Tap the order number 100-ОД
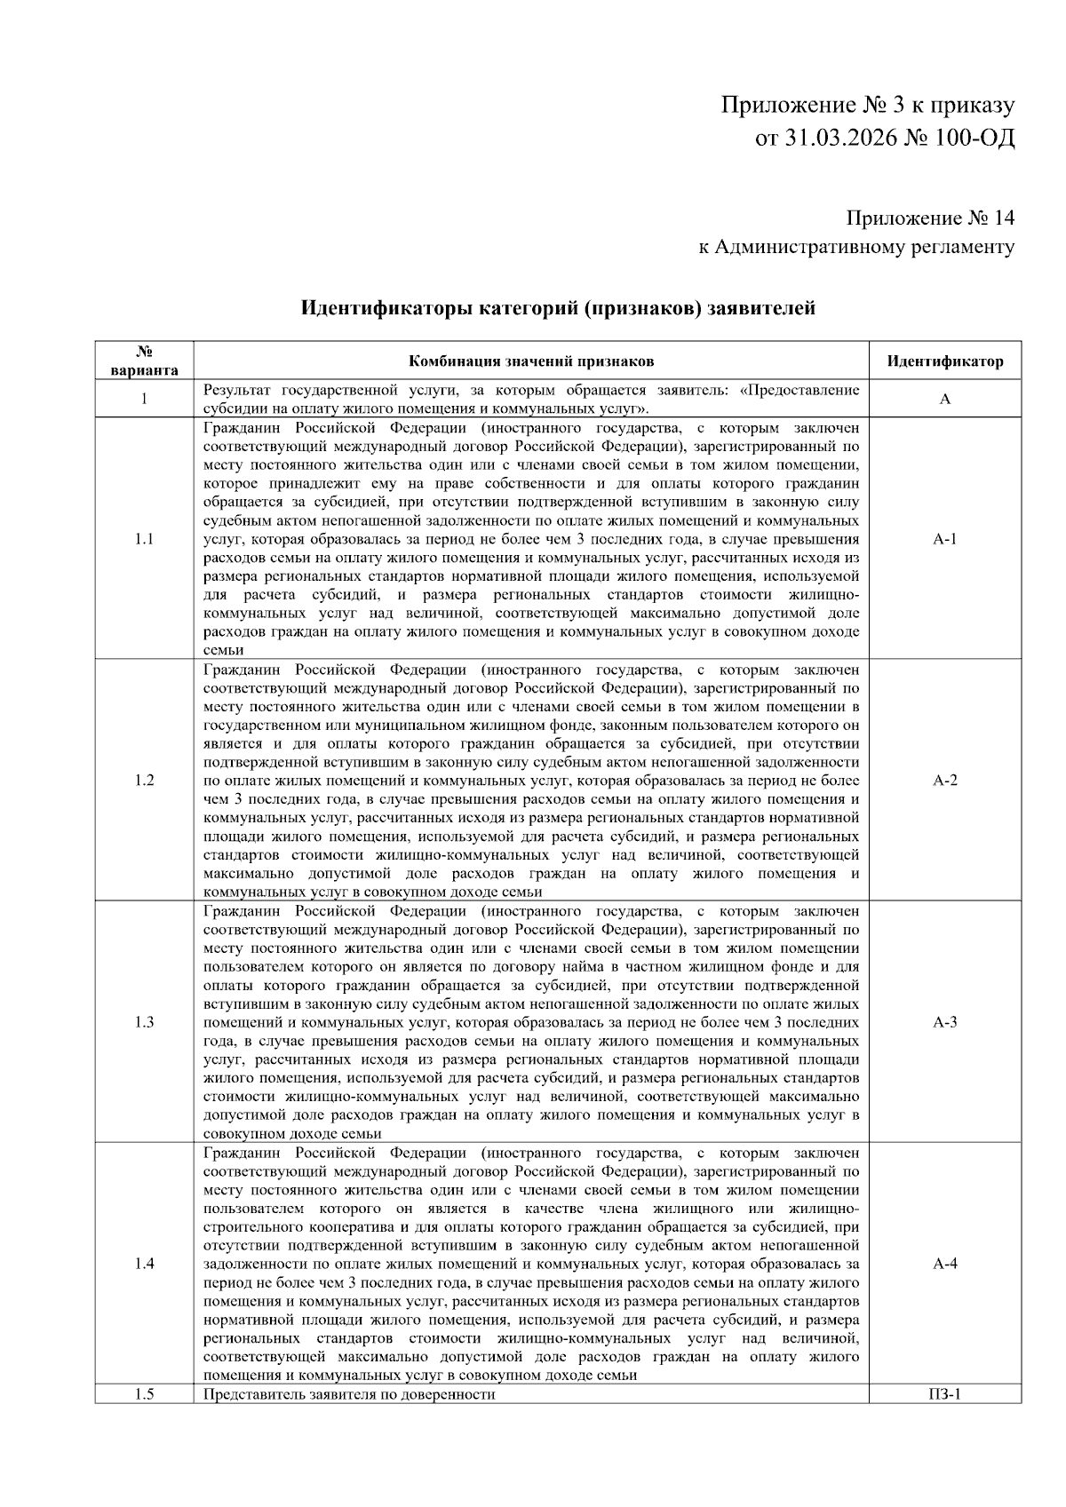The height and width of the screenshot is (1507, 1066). coord(974,139)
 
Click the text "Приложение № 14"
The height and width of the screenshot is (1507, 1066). coord(929,218)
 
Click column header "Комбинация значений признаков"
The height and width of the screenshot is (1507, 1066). coord(530,361)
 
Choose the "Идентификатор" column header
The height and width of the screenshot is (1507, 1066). coord(945,361)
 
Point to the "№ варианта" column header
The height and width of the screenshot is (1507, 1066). coord(145,361)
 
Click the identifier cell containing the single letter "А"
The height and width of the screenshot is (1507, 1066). coord(945,400)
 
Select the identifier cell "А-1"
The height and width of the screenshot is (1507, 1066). coord(945,539)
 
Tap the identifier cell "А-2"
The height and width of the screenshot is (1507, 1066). coord(945,781)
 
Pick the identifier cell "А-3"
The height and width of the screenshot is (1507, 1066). coord(945,1022)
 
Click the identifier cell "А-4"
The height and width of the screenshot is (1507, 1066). coord(945,1264)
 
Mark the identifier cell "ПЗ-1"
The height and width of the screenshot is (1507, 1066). coord(945,1394)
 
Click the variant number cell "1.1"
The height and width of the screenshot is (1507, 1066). coord(145,539)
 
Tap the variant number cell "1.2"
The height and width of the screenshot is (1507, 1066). coord(145,781)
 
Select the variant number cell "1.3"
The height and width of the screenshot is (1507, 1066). coord(145,1022)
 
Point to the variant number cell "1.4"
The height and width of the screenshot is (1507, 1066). coord(145,1264)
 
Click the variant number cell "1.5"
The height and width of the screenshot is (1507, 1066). coord(145,1394)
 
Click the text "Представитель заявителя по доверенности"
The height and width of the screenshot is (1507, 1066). coord(349,1394)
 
